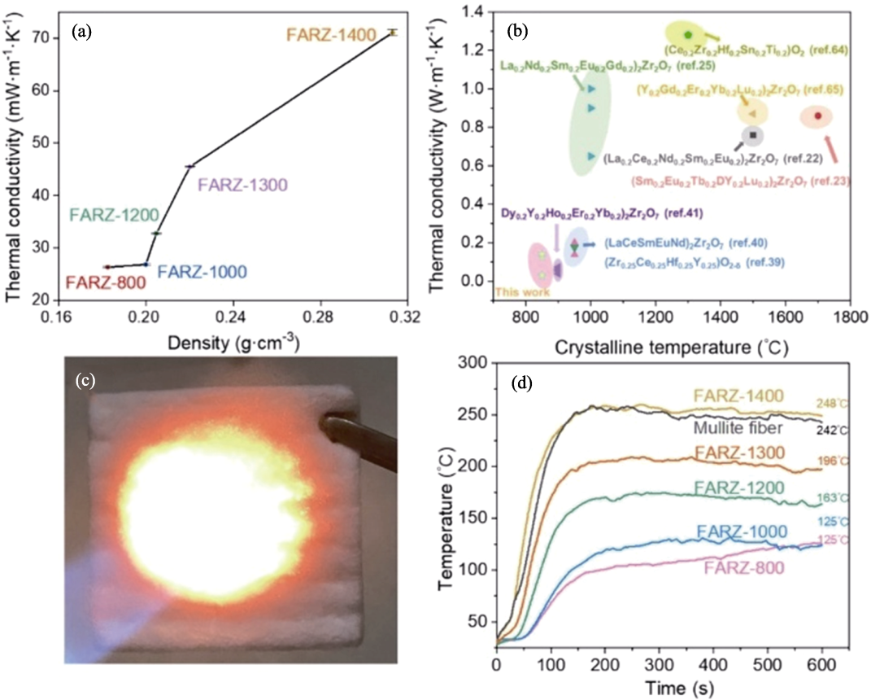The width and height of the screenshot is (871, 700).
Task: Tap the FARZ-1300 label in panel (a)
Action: [x=243, y=184]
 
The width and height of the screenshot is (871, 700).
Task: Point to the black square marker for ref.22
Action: [x=752, y=135]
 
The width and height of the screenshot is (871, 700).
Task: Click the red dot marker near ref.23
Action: [x=817, y=116]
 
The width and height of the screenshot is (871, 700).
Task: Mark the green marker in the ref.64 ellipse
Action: [x=688, y=35]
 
